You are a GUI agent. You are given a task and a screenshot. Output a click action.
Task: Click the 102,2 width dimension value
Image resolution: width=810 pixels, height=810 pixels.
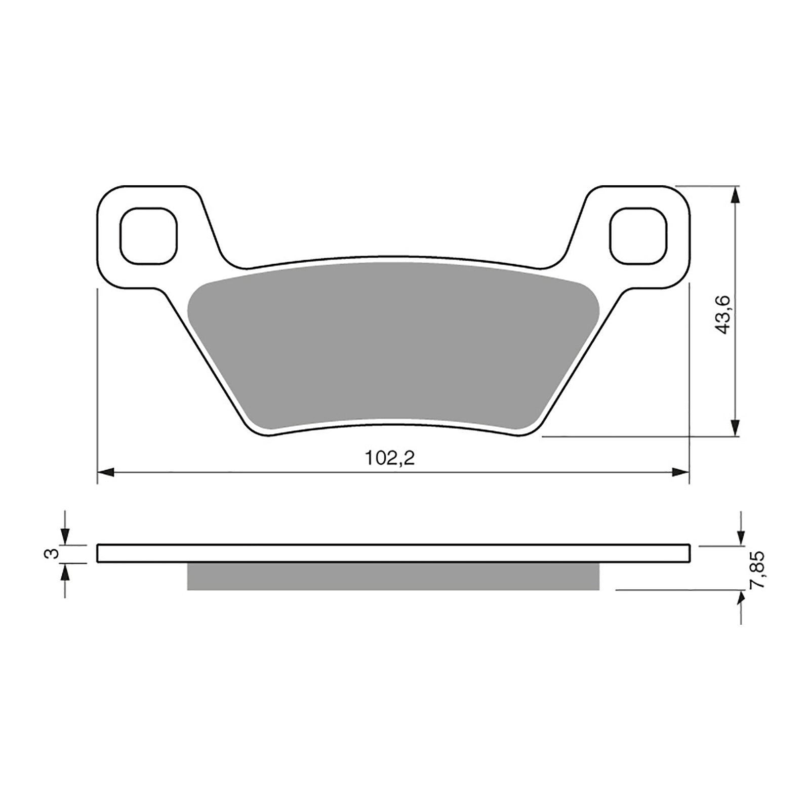389,458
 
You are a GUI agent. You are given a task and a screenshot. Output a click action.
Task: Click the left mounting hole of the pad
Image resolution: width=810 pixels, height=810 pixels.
149,235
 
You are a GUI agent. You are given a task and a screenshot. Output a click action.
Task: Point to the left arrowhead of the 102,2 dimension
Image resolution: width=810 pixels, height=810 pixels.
104,472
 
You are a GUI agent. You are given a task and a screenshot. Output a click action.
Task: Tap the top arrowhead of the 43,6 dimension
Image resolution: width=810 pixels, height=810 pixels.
735,193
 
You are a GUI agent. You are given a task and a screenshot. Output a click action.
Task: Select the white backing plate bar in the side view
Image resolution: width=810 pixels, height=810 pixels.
392,553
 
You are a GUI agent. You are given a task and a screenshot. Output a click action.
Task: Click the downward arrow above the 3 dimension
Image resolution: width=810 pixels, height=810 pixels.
65,537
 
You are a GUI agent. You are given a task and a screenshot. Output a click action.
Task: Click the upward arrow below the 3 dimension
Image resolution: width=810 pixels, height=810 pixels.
65,571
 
